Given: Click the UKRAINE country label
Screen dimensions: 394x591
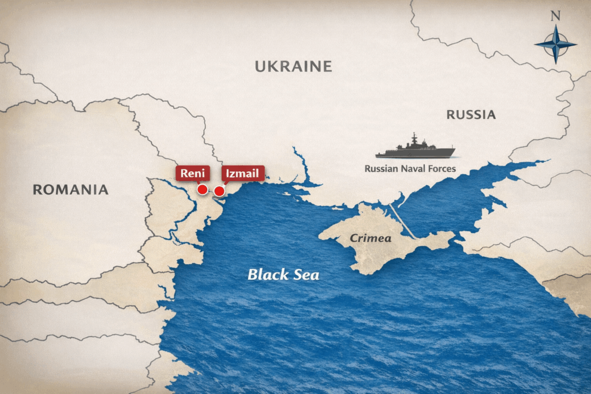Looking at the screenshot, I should (293, 66).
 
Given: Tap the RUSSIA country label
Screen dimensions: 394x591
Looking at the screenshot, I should (471, 114).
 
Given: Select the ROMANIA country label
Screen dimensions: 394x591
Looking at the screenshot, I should (70, 189).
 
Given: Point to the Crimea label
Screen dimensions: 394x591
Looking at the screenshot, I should (371, 238).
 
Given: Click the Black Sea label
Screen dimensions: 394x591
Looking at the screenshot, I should (283, 275).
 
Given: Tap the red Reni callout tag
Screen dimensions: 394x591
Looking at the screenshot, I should (192, 173).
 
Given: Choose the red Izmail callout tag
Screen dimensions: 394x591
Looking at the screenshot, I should (243, 173).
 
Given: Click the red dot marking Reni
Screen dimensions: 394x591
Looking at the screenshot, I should (203, 189).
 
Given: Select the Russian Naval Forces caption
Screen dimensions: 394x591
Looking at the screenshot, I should (410, 169).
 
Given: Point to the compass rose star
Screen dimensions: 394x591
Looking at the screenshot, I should (555, 44).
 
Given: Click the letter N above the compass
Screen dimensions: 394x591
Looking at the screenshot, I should (555, 16).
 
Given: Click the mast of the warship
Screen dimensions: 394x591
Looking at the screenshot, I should (414, 138).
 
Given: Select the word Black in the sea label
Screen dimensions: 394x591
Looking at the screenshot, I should (267, 275).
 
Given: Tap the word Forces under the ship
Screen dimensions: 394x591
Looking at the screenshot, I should (440, 169).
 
